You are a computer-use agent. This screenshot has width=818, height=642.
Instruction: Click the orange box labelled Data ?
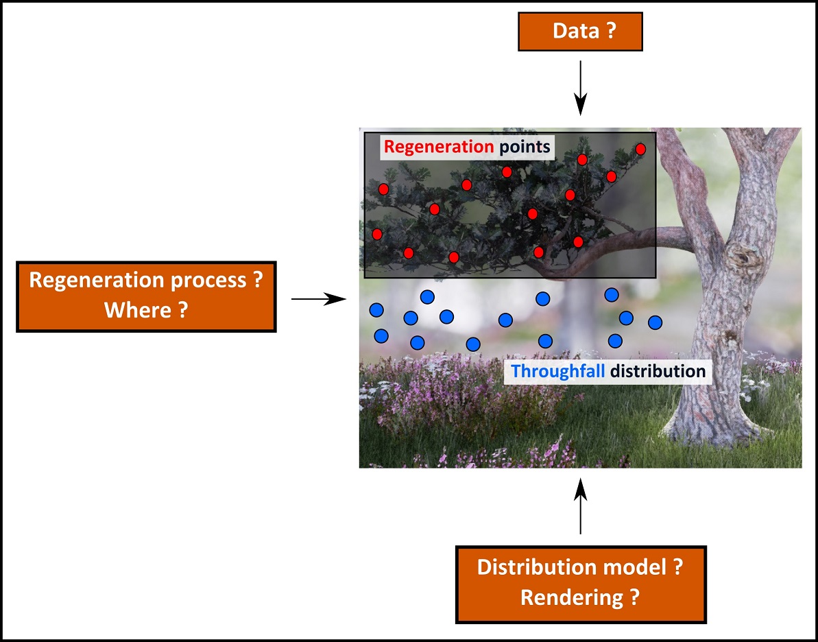pyautogui.click(x=580, y=32)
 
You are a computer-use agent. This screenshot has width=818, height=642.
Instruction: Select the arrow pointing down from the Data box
pyautogui.click(x=580, y=88)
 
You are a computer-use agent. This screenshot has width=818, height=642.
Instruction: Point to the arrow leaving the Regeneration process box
pyautogui.click(x=319, y=299)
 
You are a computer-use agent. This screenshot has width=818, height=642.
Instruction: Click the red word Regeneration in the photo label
pyautogui.click(x=439, y=147)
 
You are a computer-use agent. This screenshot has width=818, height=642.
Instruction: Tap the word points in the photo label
pyautogui.click(x=525, y=147)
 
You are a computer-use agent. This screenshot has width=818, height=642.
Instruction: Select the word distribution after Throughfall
pyautogui.click(x=658, y=371)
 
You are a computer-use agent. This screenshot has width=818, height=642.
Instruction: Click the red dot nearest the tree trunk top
pyautogui.click(x=640, y=150)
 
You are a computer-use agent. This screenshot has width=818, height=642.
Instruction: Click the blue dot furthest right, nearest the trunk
pyautogui.click(x=655, y=322)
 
